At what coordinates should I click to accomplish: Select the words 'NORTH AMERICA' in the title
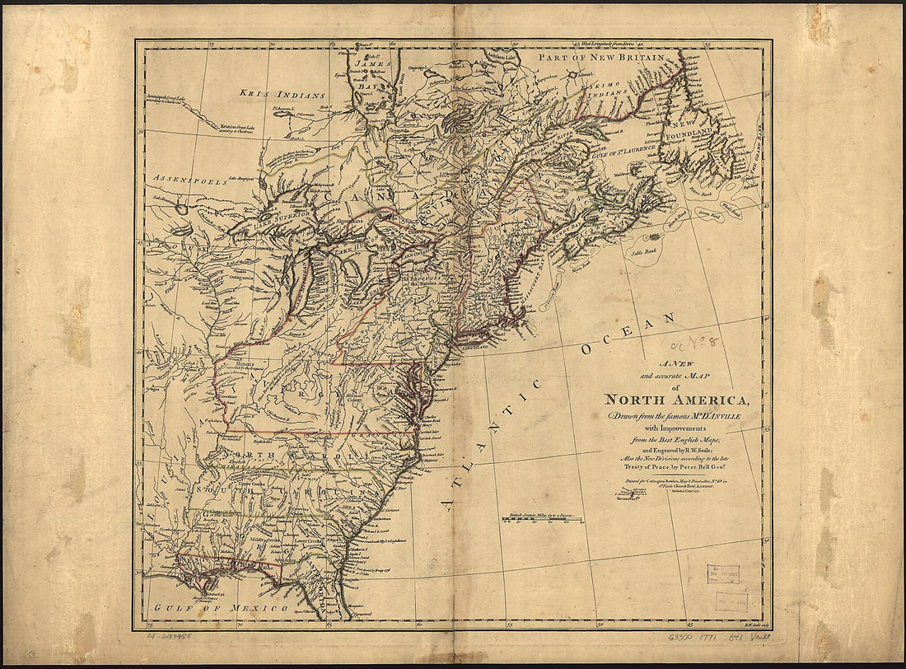(677, 400)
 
